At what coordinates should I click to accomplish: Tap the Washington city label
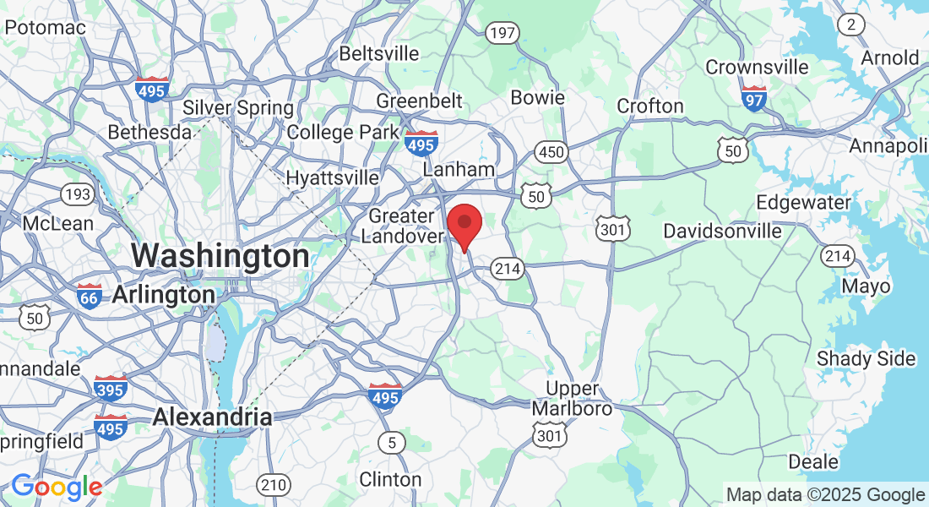pos(220,255)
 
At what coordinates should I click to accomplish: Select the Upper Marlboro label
pos(573,399)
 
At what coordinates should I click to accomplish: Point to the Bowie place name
pos(538,97)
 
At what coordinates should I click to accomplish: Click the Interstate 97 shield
pos(754,98)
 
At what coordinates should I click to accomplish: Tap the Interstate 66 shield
pos(89,296)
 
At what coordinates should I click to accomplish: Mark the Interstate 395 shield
pos(111,389)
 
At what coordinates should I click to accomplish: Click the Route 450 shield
pos(551,152)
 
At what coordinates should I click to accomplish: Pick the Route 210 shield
pos(273,485)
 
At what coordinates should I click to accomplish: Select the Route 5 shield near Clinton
pos(391,442)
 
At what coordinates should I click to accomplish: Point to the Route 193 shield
pos(78,195)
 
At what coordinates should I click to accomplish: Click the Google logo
pos(57,487)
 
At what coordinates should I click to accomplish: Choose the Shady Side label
pos(866,359)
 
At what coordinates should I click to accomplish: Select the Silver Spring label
pos(238,108)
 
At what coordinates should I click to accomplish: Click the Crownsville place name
pos(757,67)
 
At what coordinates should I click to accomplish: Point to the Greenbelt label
pos(419,101)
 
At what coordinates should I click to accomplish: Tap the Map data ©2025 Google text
pos(825,495)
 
